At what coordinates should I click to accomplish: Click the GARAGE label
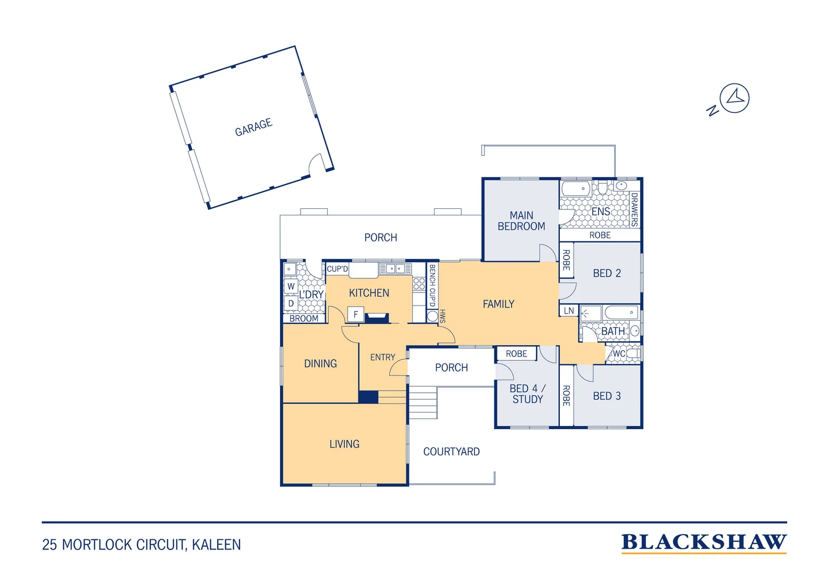(253, 127)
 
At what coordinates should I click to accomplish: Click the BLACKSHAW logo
(704, 543)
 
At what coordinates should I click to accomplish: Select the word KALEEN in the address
(216, 545)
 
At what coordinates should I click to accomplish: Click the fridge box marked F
(355, 314)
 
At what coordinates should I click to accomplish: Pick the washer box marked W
(291, 286)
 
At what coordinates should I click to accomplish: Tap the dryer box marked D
(291, 303)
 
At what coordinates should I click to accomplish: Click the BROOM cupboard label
(304, 319)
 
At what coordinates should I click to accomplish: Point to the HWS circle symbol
(432, 316)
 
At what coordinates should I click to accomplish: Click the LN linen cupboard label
(569, 310)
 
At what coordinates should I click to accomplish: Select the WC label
(619, 354)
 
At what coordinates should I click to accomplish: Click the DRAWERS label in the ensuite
(634, 209)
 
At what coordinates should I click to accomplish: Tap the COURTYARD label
(451, 451)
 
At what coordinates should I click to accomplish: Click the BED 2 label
(607, 273)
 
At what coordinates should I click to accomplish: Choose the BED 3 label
(607, 396)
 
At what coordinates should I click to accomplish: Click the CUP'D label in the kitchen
(337, 269)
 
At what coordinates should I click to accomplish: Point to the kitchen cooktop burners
(419, 284)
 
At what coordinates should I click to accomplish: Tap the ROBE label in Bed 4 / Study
(516, 354)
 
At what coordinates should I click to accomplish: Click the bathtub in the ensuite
(576, 188)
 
